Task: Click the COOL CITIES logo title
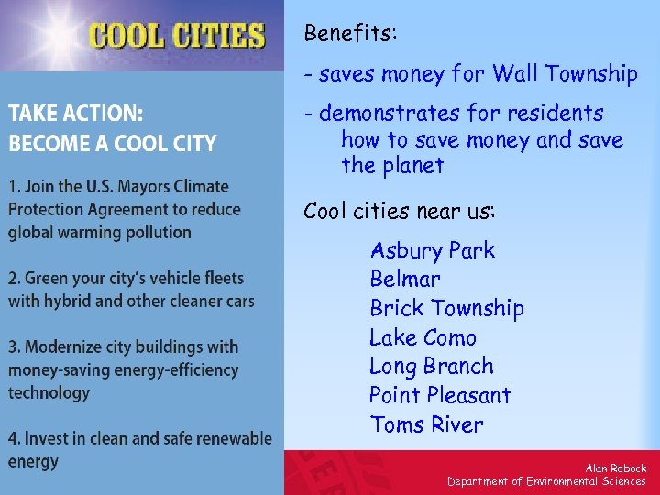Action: coord(177,36)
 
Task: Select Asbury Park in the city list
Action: coord(432,250)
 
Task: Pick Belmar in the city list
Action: coord(404,279)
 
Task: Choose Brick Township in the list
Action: coord(446,308)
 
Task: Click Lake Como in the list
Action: coord(423,337)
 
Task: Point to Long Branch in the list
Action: coord(431,367)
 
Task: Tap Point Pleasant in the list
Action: coord(439,396)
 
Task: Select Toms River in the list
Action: coord(426,424)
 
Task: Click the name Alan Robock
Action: coord(615,468)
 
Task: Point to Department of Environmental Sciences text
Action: coord(546,481)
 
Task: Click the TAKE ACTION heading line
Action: coord(75,115)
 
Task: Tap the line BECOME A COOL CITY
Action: coord(112,144)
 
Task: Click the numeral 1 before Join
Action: coord(12,186)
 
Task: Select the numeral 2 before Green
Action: coord(13,278)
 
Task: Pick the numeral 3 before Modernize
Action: coord(13,346)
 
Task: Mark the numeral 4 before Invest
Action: coord(13,438)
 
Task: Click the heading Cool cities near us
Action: coord(399,212)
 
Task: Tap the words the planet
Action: coord(392,166)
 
